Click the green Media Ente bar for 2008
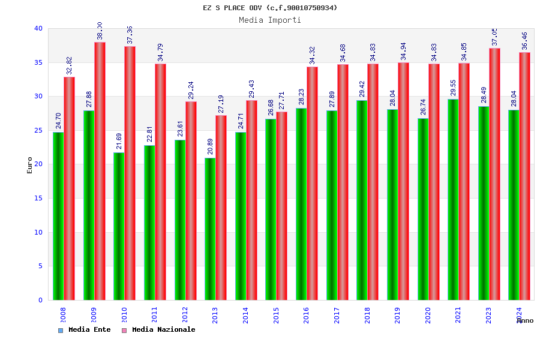click(58, 216)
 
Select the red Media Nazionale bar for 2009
click(100, 171)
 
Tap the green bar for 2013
click(210, 229)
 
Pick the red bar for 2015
click(282, 206)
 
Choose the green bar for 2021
click(453, 199)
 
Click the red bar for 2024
click(525, 176)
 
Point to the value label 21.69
click(119, 141)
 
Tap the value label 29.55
click(454, 88)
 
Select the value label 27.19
click(221, 103)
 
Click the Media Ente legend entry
click(85, 330)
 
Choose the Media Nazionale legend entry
click(158, 330)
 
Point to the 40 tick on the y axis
click(38, 28)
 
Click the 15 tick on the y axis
click(38, 198)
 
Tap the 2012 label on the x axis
click(185, 315)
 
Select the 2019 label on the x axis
click(397, 315)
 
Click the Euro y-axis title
click(30, 165)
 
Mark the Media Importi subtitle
click(270, 20)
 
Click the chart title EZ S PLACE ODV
click(270, 8)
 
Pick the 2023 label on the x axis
click(488, 315)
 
